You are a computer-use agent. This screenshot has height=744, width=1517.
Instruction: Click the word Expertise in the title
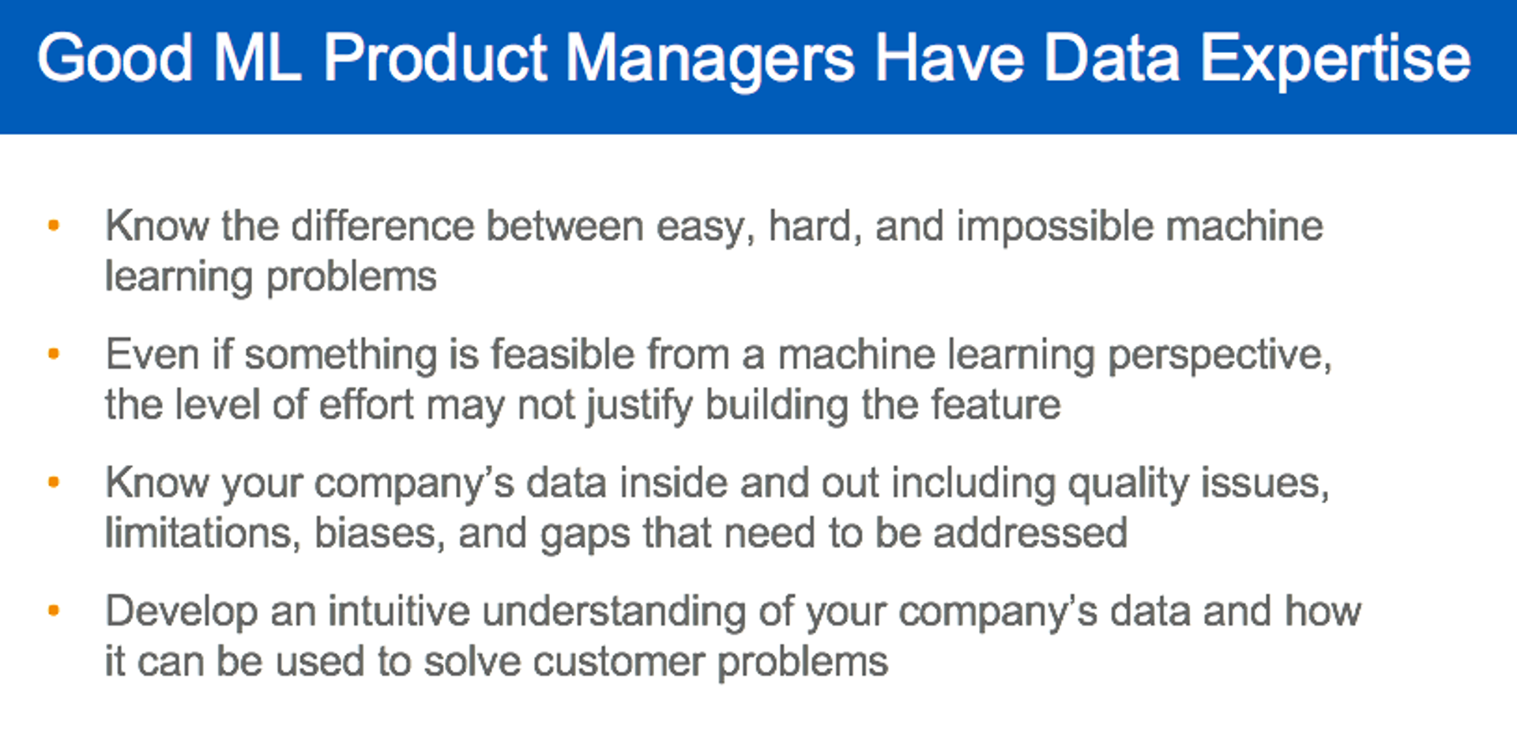click(x=1334, y=59)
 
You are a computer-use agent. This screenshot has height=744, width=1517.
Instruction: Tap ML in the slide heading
click(x=258, y=59)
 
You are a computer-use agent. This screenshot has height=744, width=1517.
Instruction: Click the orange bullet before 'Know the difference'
click(x=54, y=226)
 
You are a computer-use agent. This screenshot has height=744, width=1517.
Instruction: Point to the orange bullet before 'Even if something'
click(x=54, y=354)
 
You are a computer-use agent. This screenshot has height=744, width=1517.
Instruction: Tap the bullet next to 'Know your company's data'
click(x=54, y=482)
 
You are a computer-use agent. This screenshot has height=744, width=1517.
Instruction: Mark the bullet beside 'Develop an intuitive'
click(x=54, y=611)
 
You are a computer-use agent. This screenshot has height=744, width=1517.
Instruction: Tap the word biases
click(x=375, y=533)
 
